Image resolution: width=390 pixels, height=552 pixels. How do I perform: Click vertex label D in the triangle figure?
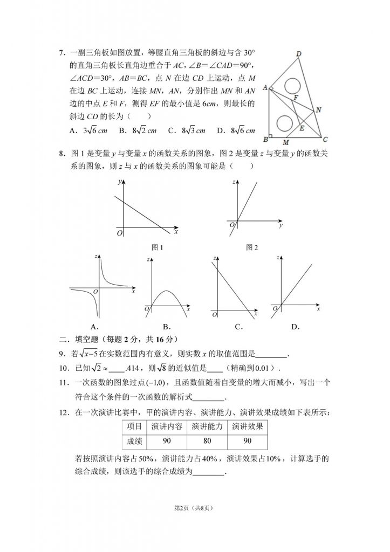pyautogui.click(x=298, y=53)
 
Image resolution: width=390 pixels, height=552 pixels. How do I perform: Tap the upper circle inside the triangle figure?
pyautogui.click(x=293, y=86)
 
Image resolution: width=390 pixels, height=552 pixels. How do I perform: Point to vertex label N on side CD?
pyautogui.click(x=319, y=110)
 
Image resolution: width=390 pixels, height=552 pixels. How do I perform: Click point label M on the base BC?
pyautogui.click(x=285, y=143)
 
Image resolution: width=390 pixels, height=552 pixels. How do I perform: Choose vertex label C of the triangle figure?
pyautogui.click(x=325, y=140)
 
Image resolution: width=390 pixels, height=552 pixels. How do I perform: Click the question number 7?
pyautogui.click(x=61, y=53)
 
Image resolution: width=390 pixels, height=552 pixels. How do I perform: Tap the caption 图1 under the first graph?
pyautogui.click(x=158, y=247)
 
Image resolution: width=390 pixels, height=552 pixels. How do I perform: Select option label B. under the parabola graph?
pyautogui.click(x=167, y=327)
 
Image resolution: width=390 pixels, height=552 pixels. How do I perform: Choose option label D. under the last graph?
pyautogui.click(x=295, y=327)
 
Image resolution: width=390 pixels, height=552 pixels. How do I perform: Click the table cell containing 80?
pyautogui.click(x=208, y=441)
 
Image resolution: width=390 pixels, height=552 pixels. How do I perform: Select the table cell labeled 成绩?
pyautogui.click(x=134, y=441)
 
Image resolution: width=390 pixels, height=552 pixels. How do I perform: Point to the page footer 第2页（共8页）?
pyautogui.click(x=195, y=508)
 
